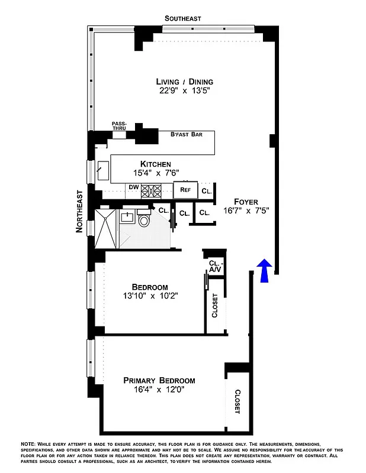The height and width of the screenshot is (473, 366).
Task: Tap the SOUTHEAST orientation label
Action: coord(183,18)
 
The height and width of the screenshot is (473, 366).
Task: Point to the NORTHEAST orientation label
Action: coord(79,211)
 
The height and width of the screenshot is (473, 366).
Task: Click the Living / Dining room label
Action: coord(184,82)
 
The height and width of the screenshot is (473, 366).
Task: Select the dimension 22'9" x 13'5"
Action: coord(184,91)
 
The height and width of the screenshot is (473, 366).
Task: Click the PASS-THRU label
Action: coord(119,126)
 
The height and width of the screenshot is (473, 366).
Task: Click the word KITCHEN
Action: coord(156,164)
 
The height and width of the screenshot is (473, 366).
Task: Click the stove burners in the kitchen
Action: coord(152,190)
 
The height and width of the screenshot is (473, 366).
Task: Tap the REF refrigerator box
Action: coord(185,190)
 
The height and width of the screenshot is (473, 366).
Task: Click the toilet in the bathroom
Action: coord(144,221)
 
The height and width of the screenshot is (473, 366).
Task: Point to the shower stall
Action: coord(107,227)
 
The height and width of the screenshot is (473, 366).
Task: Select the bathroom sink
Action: coord(127,218)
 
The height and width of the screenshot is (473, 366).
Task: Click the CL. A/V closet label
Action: coord(214,267)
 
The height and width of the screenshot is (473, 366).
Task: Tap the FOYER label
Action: coord(246,201)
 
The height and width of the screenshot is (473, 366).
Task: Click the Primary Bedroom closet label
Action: coord(237,401)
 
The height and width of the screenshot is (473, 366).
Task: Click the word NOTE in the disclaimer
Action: coord(29,443)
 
